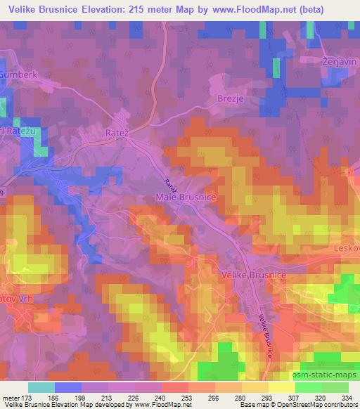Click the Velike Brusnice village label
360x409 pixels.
pos(253,275)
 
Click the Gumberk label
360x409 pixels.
pos(17,73)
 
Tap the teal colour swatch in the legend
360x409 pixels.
pos(41,387)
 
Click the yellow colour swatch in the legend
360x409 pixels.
pos(281,387)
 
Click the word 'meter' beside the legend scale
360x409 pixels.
pos(10,397)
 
